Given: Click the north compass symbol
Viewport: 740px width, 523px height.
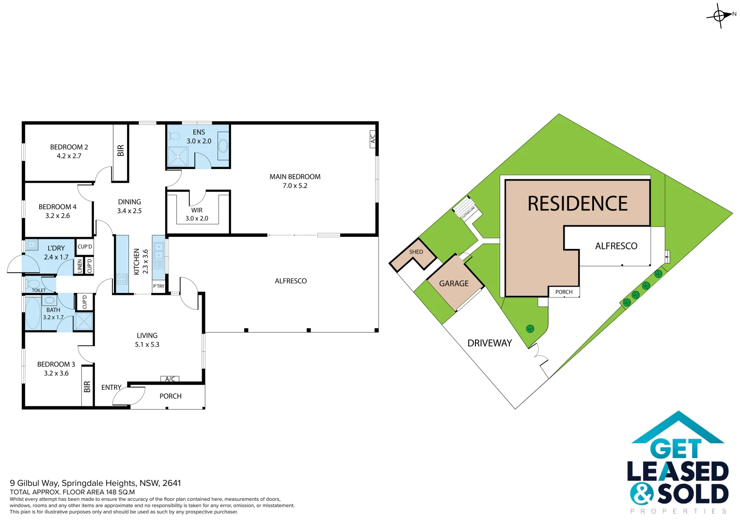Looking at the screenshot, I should click(x=720, y=15).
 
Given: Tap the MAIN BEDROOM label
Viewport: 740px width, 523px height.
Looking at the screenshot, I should click(x=295, y=177).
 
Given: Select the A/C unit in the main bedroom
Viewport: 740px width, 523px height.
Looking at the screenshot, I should click(x=372, y=138).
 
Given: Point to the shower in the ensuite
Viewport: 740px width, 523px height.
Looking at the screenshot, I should click(x=177, y=157).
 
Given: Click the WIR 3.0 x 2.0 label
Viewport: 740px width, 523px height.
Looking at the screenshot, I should click(x=197, y=214).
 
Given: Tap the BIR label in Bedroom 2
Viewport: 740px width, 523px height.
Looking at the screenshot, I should click(x=121, y=151).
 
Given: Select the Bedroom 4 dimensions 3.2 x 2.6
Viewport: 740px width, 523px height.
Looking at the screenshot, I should click(x=58, y=215).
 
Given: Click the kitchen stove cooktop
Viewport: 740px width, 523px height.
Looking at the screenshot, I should click(x=122, y=279).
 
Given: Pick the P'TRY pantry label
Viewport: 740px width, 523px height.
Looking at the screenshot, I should click(x=158, y=286).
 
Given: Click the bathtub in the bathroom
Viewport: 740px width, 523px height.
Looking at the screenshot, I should click(x=32, y=313).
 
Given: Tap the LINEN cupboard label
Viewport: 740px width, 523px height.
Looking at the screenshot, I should click(x=80, y=266).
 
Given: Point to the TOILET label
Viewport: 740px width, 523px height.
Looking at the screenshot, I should click(x=39, y=290).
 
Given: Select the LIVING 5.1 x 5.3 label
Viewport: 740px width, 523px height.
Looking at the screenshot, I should click(x=147, y=340).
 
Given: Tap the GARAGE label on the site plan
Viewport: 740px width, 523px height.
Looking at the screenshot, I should click(x=454, y=283).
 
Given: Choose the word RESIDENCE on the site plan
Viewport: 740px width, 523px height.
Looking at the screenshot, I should click(x=577, y=204).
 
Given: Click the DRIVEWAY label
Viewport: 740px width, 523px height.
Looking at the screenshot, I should click(x=489, y=343).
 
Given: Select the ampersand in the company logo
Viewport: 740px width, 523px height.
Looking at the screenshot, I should click(x=642, y=494).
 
